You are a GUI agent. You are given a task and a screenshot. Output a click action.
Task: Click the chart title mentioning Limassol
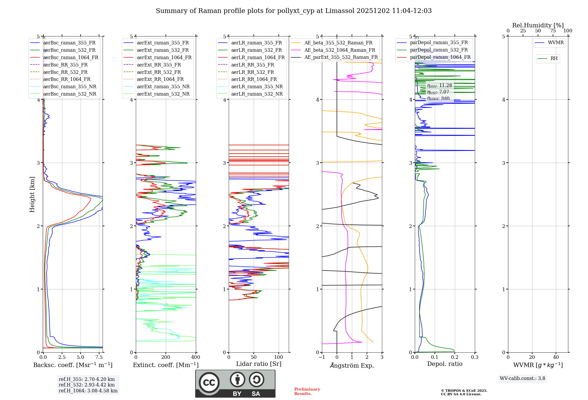pos(294,11)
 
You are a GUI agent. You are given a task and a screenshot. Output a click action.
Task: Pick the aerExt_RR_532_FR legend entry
pos(159,72)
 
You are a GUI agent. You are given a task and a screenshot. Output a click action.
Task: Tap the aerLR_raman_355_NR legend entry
pos(257,86)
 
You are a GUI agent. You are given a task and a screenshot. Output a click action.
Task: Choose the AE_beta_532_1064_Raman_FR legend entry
pos(340,50)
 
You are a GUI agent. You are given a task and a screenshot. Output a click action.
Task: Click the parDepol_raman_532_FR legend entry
pos(439,50)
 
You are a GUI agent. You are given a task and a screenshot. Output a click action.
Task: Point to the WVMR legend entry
pos(556,43)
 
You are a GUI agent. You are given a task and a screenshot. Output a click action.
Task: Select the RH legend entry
pos(554,59)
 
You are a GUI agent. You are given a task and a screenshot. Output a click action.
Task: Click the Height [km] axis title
pos(32,194)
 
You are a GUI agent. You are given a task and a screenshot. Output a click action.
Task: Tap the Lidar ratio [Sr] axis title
pos(259,364)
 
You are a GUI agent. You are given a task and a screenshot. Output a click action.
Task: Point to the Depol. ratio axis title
pos(445,364)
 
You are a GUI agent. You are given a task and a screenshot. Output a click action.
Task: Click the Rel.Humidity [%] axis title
pos(538,25)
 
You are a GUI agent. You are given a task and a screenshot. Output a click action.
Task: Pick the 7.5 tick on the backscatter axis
pos(99,357)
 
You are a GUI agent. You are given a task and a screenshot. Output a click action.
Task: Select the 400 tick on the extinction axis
pos(196,357)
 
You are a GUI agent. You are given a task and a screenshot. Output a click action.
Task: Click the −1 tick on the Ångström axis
pos(321,357)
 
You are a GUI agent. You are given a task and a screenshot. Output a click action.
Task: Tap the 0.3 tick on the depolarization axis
pos(475,357)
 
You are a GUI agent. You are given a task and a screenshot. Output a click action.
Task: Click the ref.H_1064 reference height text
pos(88,391)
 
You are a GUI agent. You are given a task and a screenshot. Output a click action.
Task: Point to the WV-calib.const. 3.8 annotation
pos(522,378)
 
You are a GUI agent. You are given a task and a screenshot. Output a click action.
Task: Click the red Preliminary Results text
pos(307,391)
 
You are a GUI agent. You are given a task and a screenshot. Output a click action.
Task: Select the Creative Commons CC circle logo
pos(209,382)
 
